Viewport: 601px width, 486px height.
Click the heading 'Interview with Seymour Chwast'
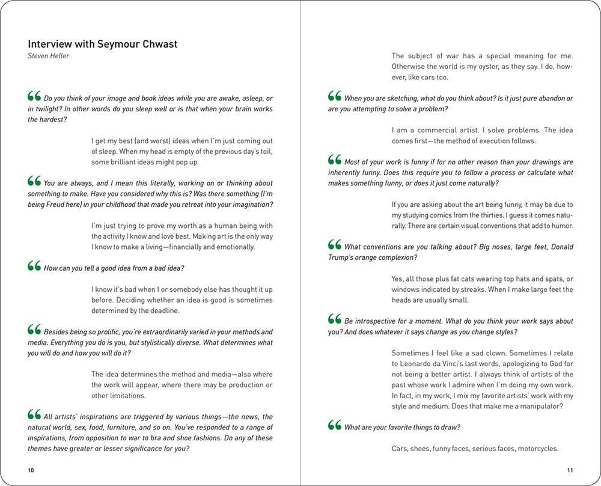[103, 44]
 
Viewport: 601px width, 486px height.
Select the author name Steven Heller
[49, 56]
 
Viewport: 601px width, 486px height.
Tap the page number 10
[31, 470]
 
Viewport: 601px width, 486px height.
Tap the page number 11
[570, 470]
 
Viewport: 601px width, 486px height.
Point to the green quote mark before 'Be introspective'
[335, 319]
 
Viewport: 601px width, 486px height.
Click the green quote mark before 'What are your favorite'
[335, 426]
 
